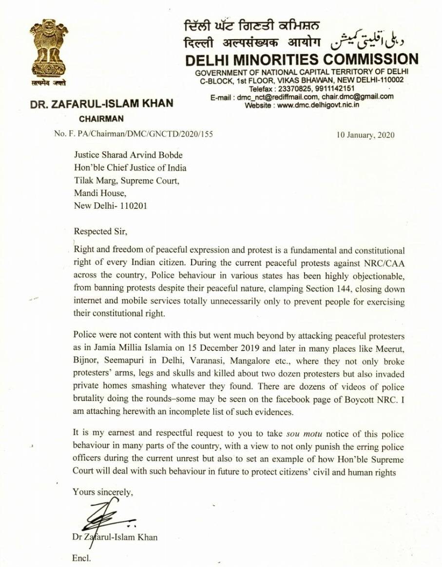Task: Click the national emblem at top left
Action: (x=48, y=49)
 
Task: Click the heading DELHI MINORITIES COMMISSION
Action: (x=302, y=60)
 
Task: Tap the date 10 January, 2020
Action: (x=365, y=135)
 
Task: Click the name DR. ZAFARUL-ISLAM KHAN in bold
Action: (x=101, y=104)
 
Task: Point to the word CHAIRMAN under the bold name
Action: (x=101, y=118)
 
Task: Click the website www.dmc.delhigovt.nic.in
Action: (x=318, y=105)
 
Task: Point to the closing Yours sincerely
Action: (x=102, y=492)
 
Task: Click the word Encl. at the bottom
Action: (x=81, y=558)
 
